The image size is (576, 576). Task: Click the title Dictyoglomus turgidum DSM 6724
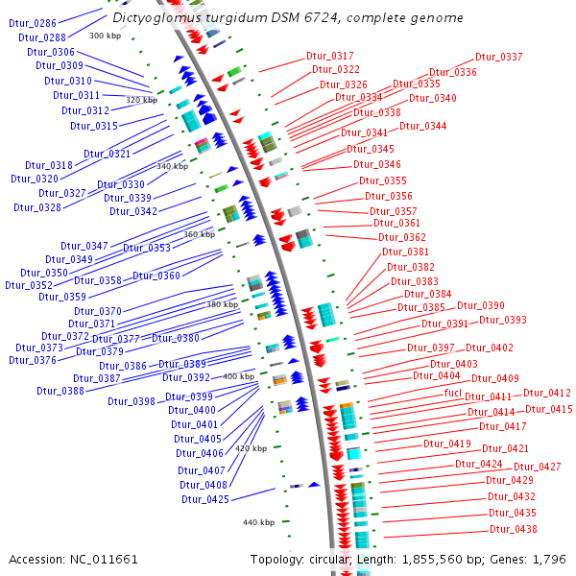(x=287, y=18)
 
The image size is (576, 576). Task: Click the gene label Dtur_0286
(x=32, y=22)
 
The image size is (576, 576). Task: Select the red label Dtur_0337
(x=499, y=58)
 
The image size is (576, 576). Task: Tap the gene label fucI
(x=453, y=394)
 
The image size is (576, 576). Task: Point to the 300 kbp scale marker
(x=105, y=36)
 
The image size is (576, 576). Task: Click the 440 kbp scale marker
(x=258, y=522)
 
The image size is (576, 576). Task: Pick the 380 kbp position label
(x=222, y=304)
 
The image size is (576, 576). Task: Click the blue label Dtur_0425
(x=205, y=499)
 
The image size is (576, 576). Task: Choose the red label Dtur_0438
(x=514, y=529)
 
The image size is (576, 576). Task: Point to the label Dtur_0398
(x=132, y=401)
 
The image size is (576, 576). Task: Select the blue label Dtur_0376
(x=33, y=360)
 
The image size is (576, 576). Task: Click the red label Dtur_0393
(x=503, y=320)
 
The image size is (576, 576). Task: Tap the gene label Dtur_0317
(x=330, y=57)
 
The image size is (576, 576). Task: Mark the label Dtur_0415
(x=548, y=410)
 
